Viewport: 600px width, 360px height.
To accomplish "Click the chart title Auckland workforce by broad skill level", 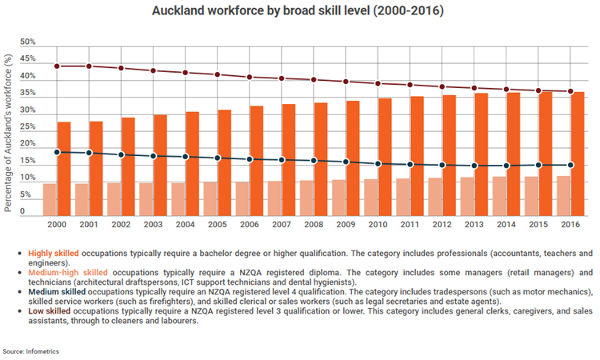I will click(x=300, y=13).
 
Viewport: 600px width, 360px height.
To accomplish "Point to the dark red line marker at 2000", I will click(x=57, y=66).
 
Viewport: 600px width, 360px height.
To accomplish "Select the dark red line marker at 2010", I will click(x=378, y=83).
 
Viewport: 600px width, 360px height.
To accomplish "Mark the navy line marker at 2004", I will click(x=185, y=157).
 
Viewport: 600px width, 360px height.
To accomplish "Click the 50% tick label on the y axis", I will click(x=27, y=42).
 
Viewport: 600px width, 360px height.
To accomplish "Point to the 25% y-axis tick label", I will click(x=27, y=129).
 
